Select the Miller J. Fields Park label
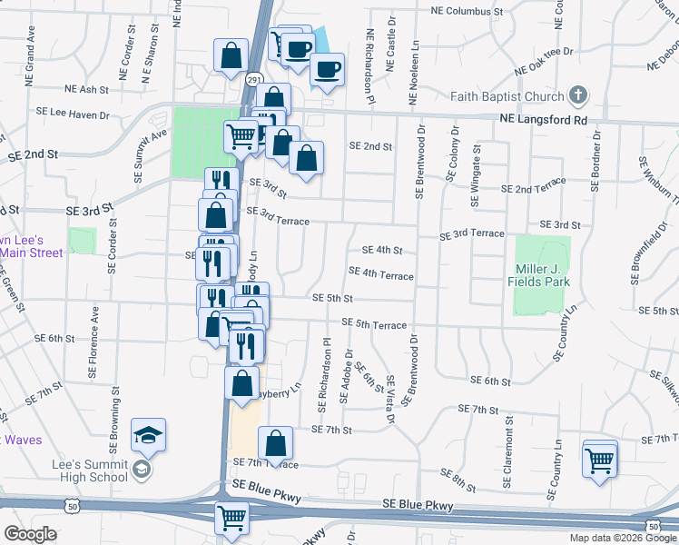[543, 275]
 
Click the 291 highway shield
[254, 80]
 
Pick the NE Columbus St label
[467, 12]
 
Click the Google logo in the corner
[30, 533]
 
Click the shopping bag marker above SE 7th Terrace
[276, 443]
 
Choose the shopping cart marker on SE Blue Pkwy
[231, 518]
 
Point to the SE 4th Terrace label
[380, 275]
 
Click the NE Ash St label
[87, 90]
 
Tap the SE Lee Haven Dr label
[73, 114]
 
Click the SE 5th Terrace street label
[374, 323]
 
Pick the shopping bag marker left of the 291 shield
[231, 54]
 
